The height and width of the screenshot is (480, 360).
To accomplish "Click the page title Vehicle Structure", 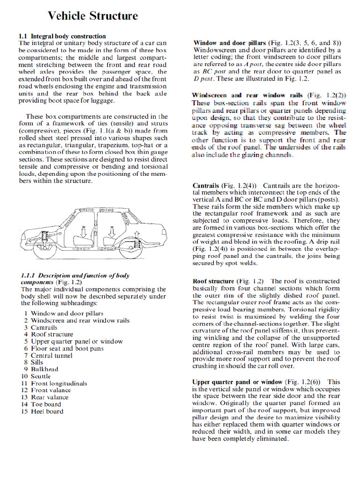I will [93, 16].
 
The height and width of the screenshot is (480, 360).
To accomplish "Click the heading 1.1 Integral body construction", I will [62, 36].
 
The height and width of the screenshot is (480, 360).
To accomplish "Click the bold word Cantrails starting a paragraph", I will [206, 186].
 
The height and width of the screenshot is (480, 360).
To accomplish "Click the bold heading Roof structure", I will [213, 282].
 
